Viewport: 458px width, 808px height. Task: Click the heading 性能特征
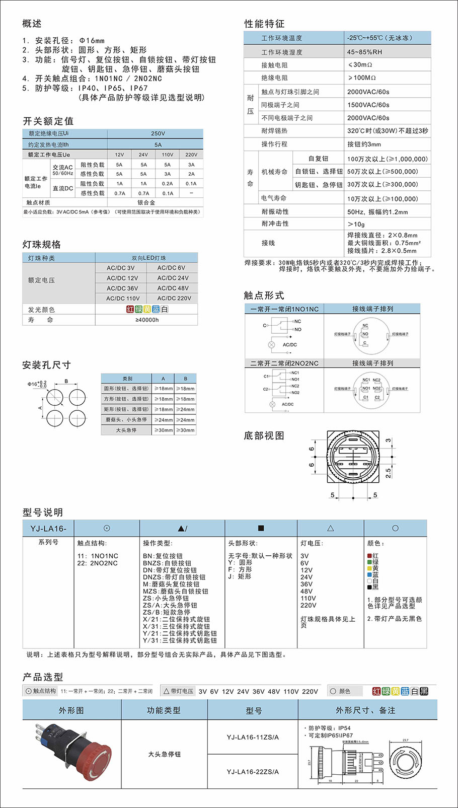[264, 24]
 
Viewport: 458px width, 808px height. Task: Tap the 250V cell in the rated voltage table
[158, 133]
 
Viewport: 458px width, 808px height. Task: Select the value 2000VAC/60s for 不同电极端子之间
[368, 118]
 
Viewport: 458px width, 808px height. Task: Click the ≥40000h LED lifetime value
[147, 320]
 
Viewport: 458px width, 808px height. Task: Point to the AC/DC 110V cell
[123, 298]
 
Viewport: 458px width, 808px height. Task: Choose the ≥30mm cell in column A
[163, 430]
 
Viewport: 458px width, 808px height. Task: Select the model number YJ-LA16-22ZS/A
[253, 772]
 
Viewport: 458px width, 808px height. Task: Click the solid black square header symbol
[261, 528]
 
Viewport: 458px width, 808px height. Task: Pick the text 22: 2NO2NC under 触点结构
[98, 563]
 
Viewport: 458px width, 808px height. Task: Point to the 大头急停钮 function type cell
[164, 754]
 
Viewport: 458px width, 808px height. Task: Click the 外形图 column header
[71, 710]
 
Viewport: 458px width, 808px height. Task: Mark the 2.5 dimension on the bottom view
[388, 473]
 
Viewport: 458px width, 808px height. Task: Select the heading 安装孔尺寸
[46, 365]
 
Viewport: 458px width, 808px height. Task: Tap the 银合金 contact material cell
[146, 202]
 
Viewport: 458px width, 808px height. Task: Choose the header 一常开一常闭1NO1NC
[285, 309]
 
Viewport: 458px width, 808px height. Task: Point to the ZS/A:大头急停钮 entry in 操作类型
[170, 605]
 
